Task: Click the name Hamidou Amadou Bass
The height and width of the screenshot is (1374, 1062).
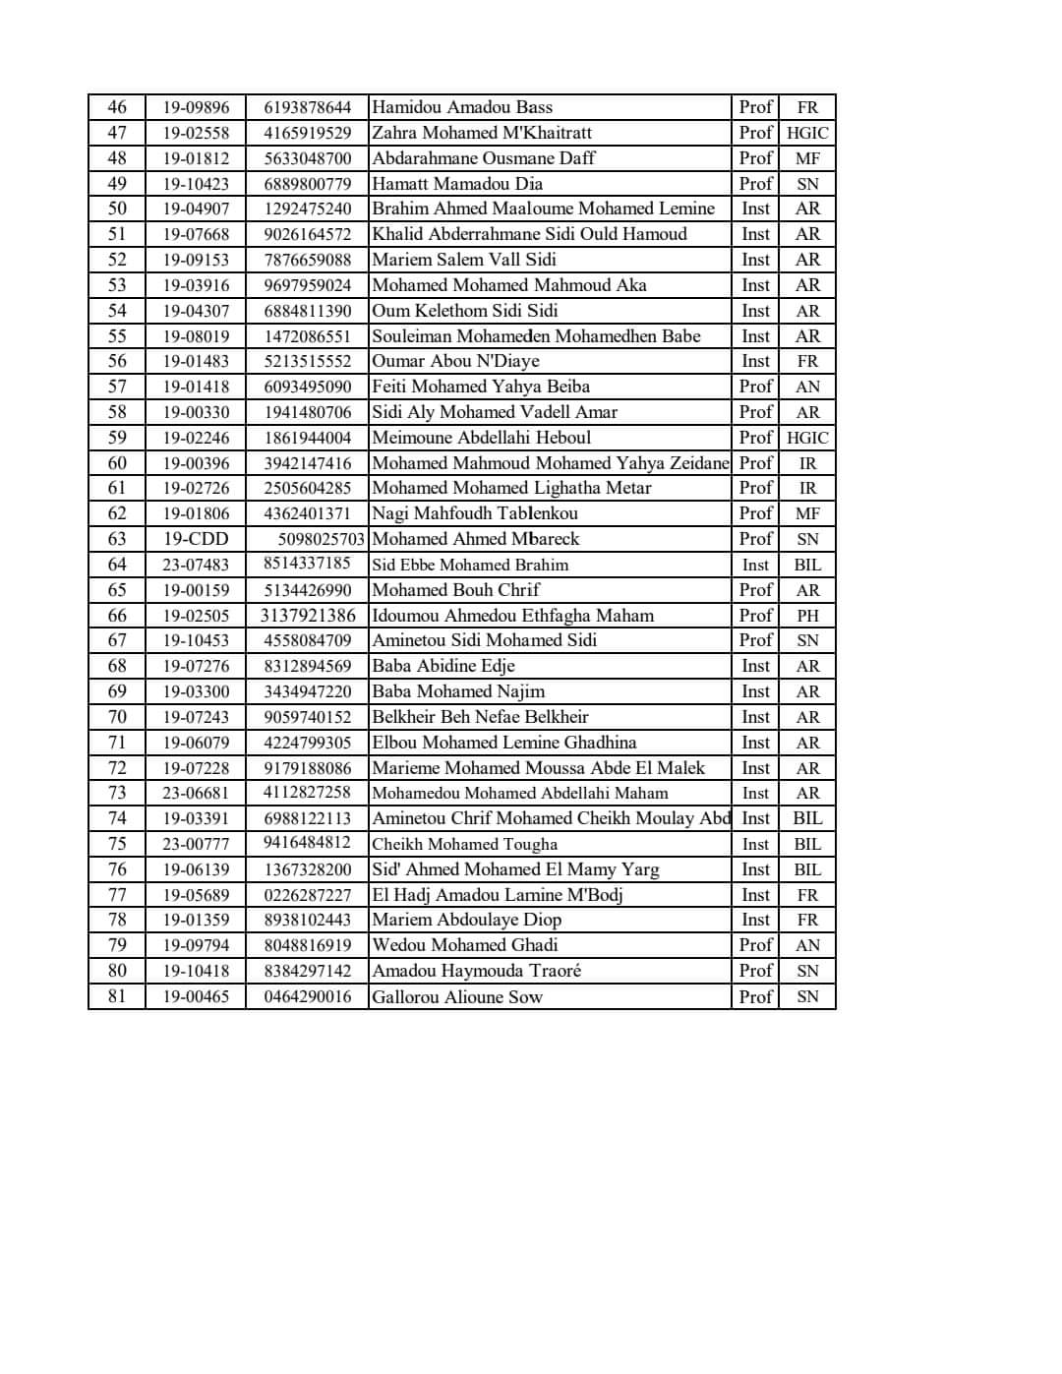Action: (462, 107)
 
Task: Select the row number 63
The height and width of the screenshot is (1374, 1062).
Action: (117, 539)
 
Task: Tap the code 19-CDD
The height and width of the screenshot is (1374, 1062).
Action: (196, 539)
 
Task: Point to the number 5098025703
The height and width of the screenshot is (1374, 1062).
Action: (321, 539)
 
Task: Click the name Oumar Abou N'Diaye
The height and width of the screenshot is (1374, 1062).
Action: (455, 361)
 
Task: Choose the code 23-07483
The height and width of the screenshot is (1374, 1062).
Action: (196, 565)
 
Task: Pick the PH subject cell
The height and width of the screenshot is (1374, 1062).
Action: (807, 616)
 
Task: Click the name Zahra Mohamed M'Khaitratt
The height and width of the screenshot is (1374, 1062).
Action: (482, 133)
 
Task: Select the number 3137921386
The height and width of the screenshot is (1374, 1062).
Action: (308, 616)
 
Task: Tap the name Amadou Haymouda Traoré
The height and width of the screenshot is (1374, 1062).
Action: (476, 971)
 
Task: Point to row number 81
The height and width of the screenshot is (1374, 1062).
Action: (117, 996)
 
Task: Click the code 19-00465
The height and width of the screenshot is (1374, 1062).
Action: (196, 996)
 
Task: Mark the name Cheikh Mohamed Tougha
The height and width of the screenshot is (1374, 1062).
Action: (464, 844)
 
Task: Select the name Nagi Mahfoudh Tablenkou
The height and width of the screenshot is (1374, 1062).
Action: (475, 513)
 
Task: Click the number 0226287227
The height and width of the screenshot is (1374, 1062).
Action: (308, 895)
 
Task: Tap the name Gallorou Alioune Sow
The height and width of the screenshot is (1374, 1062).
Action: (457, 996)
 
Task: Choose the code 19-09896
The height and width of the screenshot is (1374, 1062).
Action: (196, 107)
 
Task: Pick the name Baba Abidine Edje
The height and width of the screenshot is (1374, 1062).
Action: (443, 666)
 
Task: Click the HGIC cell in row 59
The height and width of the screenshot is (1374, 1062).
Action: (807, 438)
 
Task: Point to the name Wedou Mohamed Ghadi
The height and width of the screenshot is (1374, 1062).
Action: (465, 945)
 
